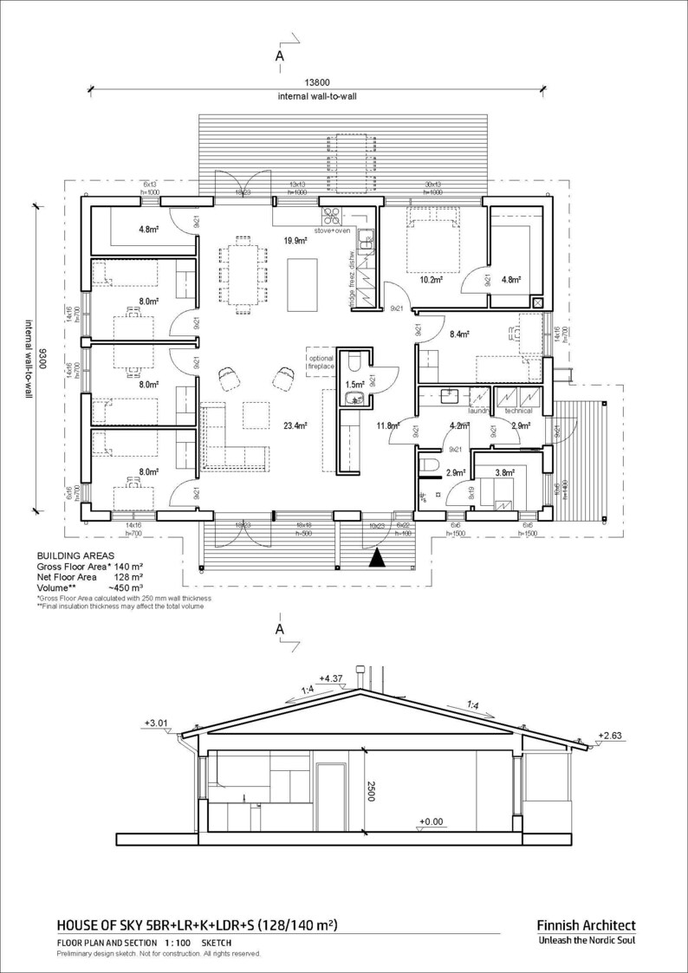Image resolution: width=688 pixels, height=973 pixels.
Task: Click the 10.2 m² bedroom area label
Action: point(432,280)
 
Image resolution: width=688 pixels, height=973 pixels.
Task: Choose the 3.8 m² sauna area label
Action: point(505,472)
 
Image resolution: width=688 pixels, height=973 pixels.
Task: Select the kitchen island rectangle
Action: point(302,285)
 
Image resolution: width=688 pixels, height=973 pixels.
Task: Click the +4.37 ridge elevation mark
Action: point(333,678)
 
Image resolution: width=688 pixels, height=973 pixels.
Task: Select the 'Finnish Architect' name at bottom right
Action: point(586,925)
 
